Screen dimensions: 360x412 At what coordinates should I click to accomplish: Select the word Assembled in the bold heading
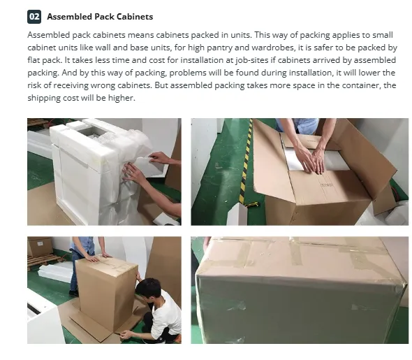point(70,16)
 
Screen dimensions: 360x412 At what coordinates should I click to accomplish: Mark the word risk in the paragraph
point(36,85)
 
